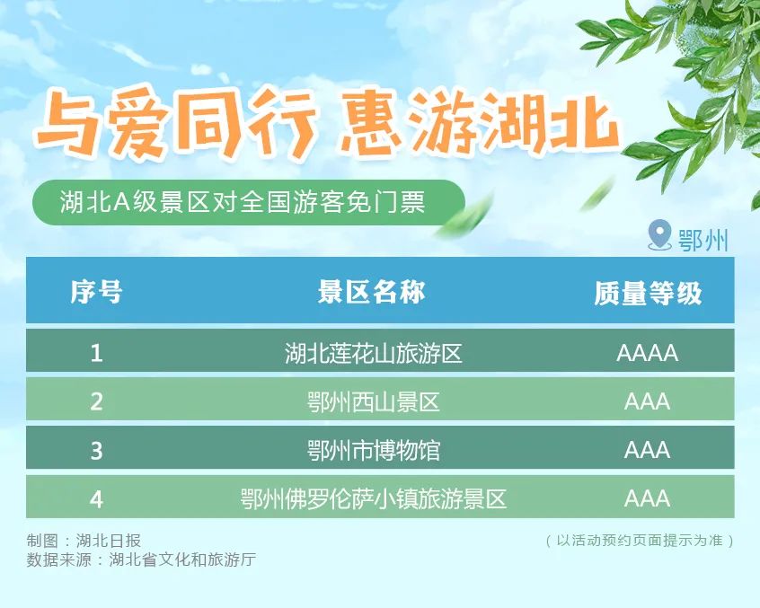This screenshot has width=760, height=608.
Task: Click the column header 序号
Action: click(x=96, y=292)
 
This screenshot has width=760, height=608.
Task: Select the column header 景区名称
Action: click(x=372, y=292)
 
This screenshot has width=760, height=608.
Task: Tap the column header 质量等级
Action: click(x=647, y=292)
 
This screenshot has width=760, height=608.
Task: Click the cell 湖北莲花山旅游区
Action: click(x=373, y=353)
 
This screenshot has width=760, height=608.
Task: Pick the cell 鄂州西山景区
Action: click(x=373, y=401)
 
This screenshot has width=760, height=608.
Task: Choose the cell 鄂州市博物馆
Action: click(x=373, y=450)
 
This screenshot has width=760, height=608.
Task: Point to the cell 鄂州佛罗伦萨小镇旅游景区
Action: click(x=373, y=498)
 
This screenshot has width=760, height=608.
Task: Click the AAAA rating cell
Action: click(x=647, y=353)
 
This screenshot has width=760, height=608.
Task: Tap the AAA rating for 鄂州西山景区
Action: click(x=647, y=401)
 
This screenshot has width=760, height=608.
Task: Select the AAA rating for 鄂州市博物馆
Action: click(x=647, y=450)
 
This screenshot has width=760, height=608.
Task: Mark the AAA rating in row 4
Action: click(x=647, y=498)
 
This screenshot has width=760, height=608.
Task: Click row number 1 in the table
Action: click(x=96, y=353)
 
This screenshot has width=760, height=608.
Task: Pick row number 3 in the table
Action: click(x=96, y=450)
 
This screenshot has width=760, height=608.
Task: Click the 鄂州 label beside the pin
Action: click(x=704, y=240)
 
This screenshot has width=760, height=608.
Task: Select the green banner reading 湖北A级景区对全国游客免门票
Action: click(x=243, y=202)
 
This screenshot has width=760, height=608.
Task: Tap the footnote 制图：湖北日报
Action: click(x=84, y=541)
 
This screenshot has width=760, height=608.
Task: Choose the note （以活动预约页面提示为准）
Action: click(x=639, y=541)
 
